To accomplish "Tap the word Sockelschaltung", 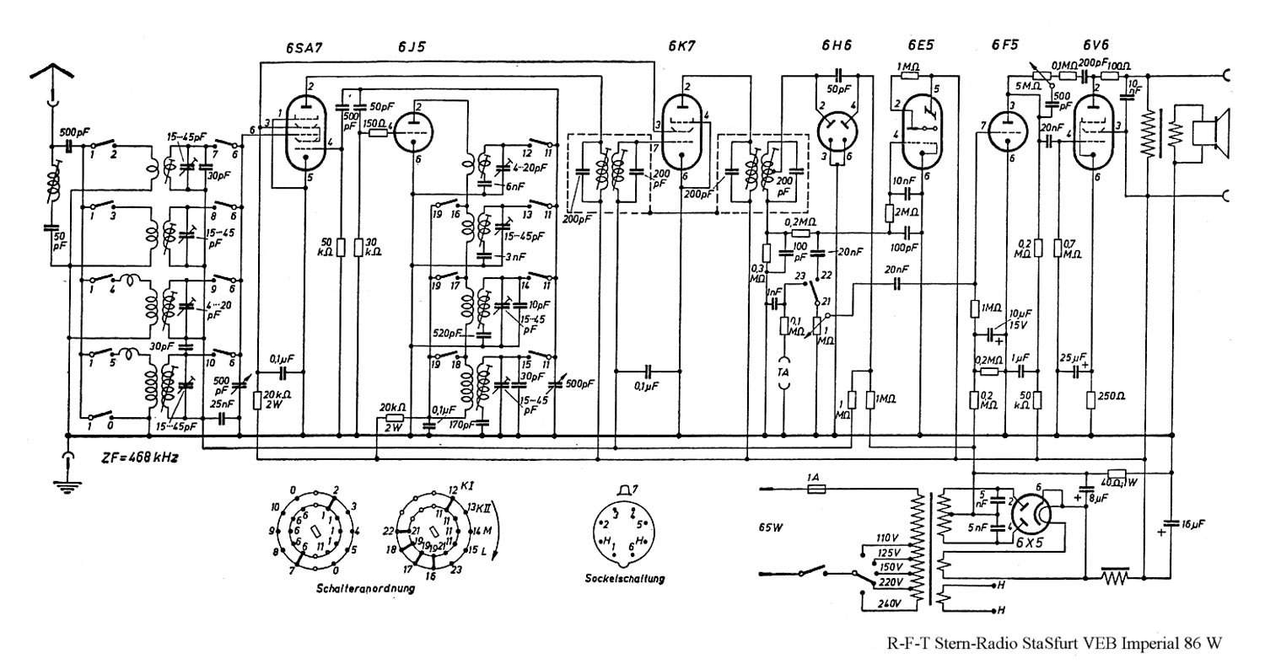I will click(624, 579).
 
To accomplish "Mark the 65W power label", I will click(771, 527).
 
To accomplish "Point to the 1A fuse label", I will click(815, 478).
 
